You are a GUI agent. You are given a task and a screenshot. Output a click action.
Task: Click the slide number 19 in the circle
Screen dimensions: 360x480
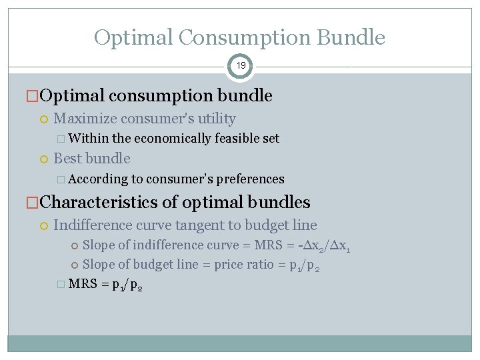point(241,66)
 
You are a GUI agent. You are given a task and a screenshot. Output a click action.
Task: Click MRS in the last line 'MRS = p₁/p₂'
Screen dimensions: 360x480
point(83,285)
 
